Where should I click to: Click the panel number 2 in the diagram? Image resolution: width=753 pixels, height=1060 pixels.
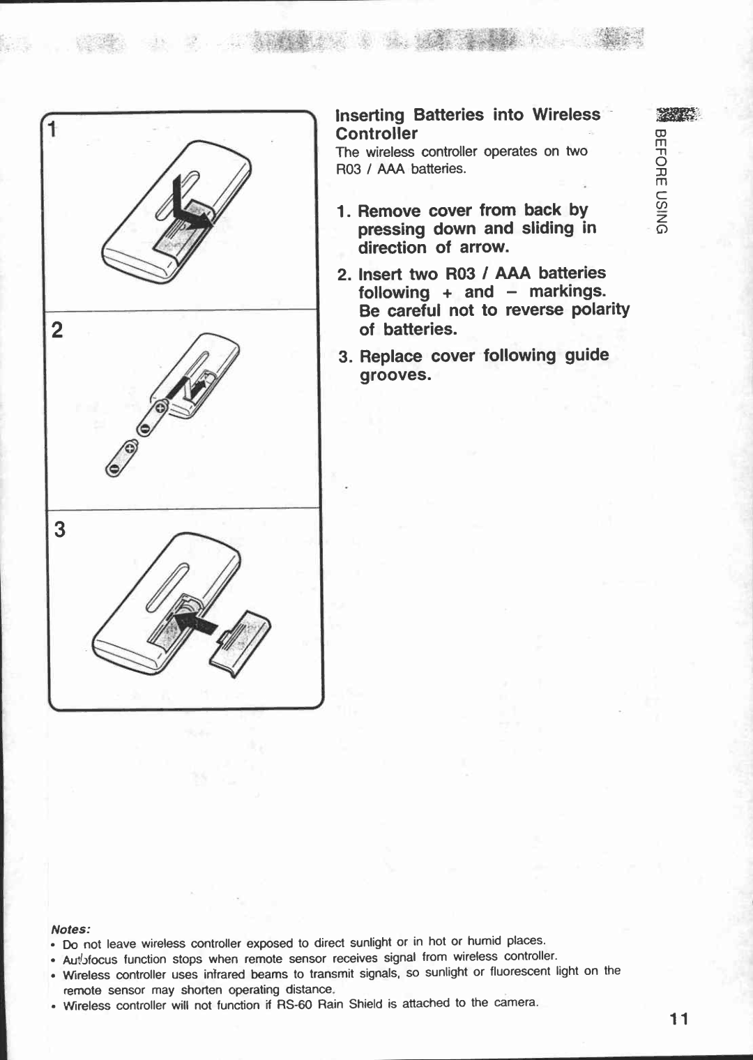57,330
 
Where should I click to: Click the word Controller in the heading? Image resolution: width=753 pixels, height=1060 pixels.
376,134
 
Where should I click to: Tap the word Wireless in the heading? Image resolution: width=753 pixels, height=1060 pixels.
565,114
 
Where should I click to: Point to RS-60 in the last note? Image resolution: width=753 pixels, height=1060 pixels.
296,1005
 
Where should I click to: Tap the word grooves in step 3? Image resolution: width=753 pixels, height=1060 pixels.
395,375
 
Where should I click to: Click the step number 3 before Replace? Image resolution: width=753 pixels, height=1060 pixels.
344,357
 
